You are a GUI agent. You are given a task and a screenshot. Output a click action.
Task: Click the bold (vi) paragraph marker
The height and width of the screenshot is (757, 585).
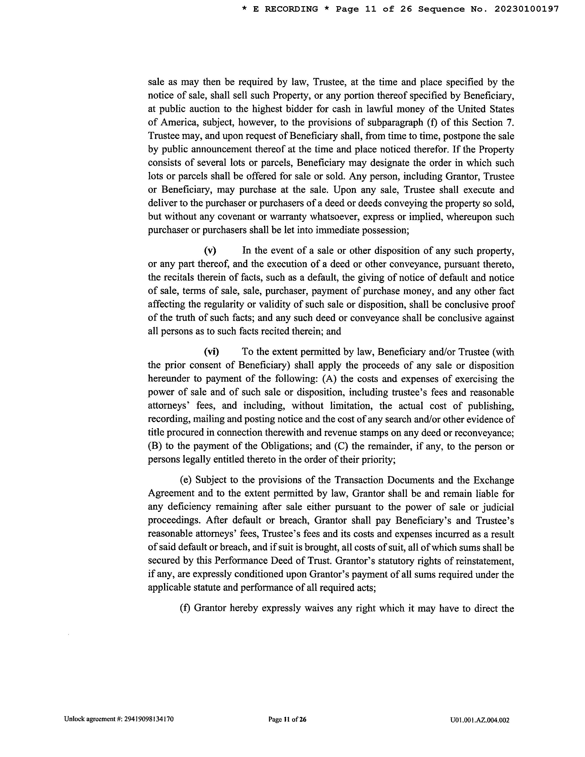tap(211, 352)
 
